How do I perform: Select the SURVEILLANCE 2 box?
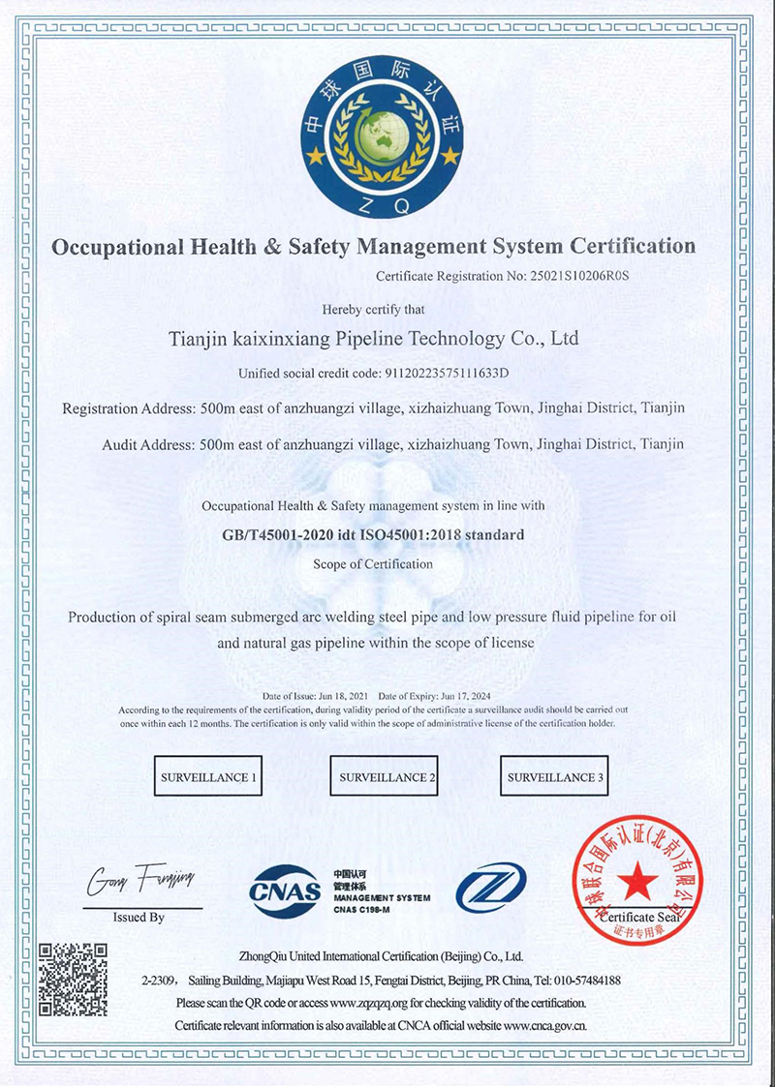(387, 777)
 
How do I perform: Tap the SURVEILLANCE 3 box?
(555, 777)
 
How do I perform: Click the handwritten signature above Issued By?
(142, 879)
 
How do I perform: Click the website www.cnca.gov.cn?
(544, 1026)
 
